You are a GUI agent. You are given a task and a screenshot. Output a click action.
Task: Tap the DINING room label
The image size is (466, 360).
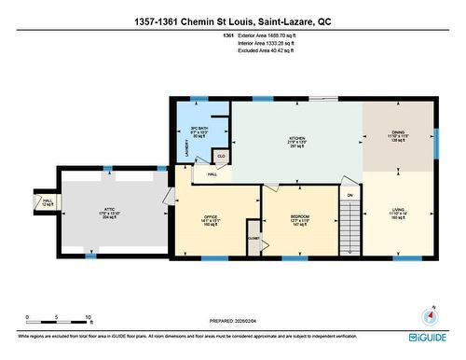click(397, 132)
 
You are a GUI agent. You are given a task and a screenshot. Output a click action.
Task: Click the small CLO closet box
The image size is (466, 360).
click(222, 156)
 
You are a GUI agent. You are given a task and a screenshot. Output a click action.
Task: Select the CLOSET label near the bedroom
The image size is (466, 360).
click(254, 238)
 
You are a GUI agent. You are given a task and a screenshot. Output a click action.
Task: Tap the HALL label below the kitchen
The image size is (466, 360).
click(212, 174)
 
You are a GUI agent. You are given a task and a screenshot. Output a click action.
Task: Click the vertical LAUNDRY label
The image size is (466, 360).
click(179, 145)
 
